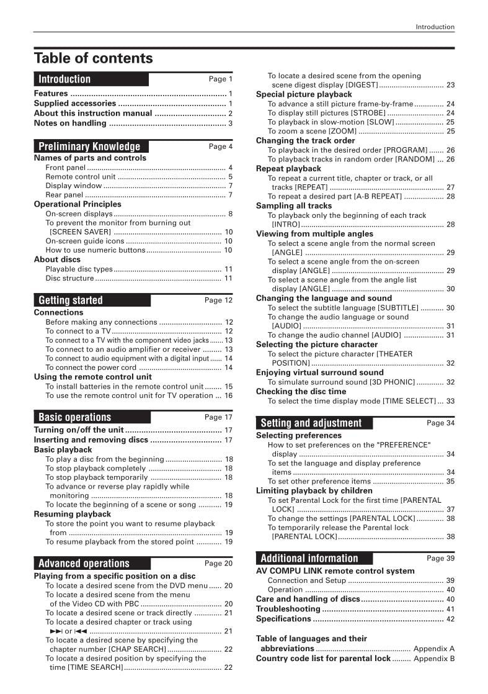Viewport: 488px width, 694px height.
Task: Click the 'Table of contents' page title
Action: click(93, 58)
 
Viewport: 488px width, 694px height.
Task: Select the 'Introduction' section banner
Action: click(64, 79)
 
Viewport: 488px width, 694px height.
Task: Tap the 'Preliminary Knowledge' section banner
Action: click(89, 146)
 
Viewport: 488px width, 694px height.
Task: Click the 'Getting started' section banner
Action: click(71, 300)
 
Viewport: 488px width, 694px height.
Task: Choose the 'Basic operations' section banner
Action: click(74, 417)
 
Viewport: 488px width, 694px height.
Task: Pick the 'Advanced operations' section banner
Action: click(84, 564)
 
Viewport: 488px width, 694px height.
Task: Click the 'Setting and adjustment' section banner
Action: click(311, 423)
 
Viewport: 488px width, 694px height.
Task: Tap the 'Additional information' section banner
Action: click(309, 558)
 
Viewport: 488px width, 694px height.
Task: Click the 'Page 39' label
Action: click(440, 558)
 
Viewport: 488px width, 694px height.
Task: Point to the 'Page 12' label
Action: click(218, 300)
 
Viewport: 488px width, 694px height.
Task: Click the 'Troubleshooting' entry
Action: click(288, 609)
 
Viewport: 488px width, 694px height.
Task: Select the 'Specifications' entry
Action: click(283, 619)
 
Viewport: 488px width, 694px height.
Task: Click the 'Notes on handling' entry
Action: click(70, 123)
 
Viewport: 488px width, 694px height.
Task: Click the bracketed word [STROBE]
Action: click(368, 113)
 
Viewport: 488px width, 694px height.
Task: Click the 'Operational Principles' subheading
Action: click(78, 204)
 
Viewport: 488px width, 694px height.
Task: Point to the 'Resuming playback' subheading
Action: click(73, 514)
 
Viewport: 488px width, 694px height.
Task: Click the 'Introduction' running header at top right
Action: click(435, 27)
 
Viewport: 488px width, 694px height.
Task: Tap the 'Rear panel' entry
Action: click(64, 195)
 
